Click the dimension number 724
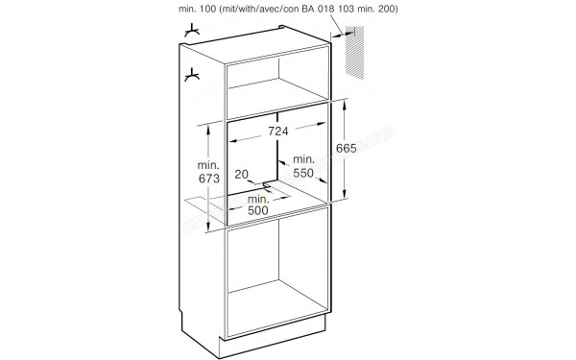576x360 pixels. [278, 131]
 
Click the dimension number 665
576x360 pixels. [346, 148]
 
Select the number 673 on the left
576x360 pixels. [209, 179]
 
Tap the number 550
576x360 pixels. [303, 173]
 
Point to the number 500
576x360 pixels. [258, 210]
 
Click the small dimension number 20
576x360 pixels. [241, 174]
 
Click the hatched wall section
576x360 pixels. [354, 52]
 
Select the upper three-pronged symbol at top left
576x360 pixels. [192, 31]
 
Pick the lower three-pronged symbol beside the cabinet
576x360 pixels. [192, 75]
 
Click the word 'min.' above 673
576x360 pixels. [208, 165]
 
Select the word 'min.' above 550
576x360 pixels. [303, 159]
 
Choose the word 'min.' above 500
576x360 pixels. [258, 199]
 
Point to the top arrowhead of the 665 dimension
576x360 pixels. [345, 105]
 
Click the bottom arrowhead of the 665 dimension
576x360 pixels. [345, 194]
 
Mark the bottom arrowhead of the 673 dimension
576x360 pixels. [208, 227]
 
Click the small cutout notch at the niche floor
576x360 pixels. [267, 185]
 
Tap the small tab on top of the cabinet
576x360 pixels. [281, 27]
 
